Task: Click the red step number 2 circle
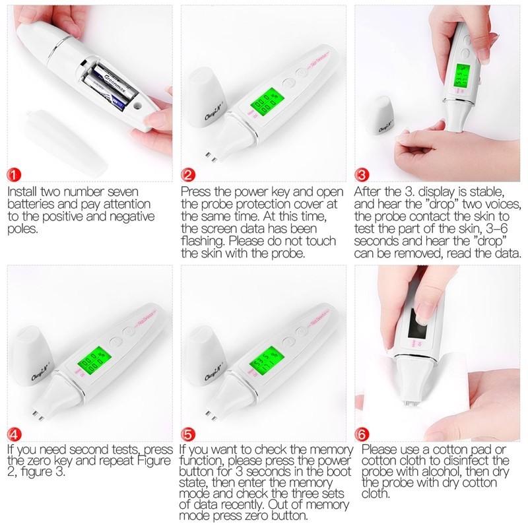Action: (x=189, y=175)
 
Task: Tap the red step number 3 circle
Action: (x=362, y=175)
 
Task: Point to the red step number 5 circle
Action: (x=189, y=435)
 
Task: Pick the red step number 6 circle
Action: (x=362, y=435)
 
